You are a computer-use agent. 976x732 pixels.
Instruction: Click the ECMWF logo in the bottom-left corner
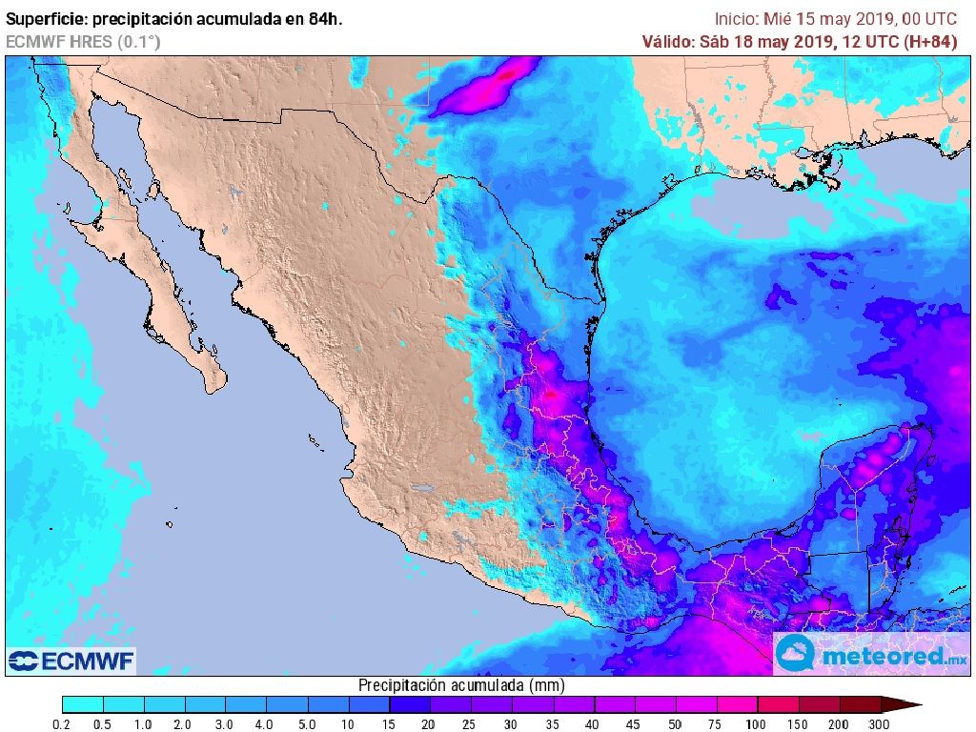71,661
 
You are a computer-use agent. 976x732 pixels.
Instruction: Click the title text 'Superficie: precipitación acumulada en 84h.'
174,19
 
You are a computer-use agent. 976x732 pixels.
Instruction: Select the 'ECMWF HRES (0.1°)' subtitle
84,42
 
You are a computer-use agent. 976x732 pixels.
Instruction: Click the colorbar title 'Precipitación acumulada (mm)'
461,685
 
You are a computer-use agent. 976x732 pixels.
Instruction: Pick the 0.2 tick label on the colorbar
62,723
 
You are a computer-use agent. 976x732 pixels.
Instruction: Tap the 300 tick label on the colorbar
880,723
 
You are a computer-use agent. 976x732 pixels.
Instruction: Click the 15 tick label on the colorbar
390,723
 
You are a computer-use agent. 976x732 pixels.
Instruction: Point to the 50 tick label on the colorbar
676,723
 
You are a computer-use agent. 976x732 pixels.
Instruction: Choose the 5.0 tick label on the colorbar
308,723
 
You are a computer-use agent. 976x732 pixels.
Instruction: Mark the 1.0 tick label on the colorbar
144,723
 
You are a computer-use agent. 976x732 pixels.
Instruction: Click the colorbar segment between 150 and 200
819,705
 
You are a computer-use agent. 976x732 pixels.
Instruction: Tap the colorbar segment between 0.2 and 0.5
82,705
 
